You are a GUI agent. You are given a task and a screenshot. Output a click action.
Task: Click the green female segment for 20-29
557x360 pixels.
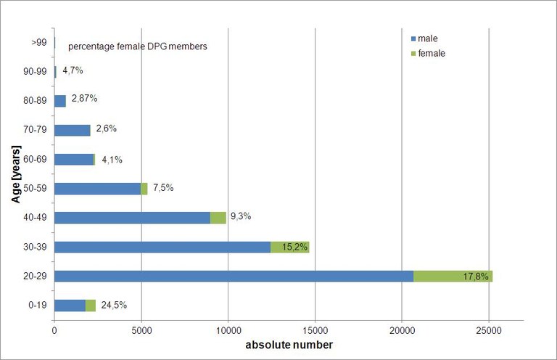click(453, 276)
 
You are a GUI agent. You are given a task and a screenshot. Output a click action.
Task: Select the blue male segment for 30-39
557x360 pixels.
click(162, 247)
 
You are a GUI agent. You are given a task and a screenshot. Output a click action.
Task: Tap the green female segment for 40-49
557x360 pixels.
click(218, 218)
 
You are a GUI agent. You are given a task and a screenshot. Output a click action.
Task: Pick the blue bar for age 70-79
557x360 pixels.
click(73, 130)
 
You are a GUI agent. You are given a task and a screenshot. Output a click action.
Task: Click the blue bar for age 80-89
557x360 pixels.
click(60, 101)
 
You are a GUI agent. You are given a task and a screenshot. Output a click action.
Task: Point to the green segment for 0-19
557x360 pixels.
click(91, 306)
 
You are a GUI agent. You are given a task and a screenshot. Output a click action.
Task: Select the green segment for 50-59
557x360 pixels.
click(144, 189)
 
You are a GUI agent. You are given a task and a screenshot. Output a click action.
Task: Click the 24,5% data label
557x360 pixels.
click(114, 305)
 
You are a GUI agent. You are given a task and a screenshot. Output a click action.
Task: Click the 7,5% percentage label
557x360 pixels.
click(162, 188)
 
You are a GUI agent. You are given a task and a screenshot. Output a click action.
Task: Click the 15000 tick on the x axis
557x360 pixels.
click(315, 329)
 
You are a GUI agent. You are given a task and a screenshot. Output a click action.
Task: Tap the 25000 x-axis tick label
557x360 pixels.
click(489, 329)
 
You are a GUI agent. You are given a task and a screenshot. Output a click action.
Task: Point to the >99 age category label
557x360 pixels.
click(39, 42)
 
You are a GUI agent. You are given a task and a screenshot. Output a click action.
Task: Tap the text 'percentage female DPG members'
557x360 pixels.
click(138, 46)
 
